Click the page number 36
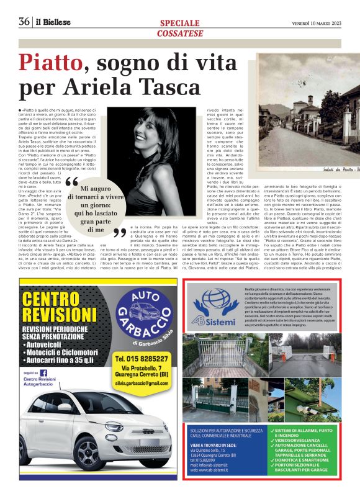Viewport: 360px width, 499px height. (x=24, y=21)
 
